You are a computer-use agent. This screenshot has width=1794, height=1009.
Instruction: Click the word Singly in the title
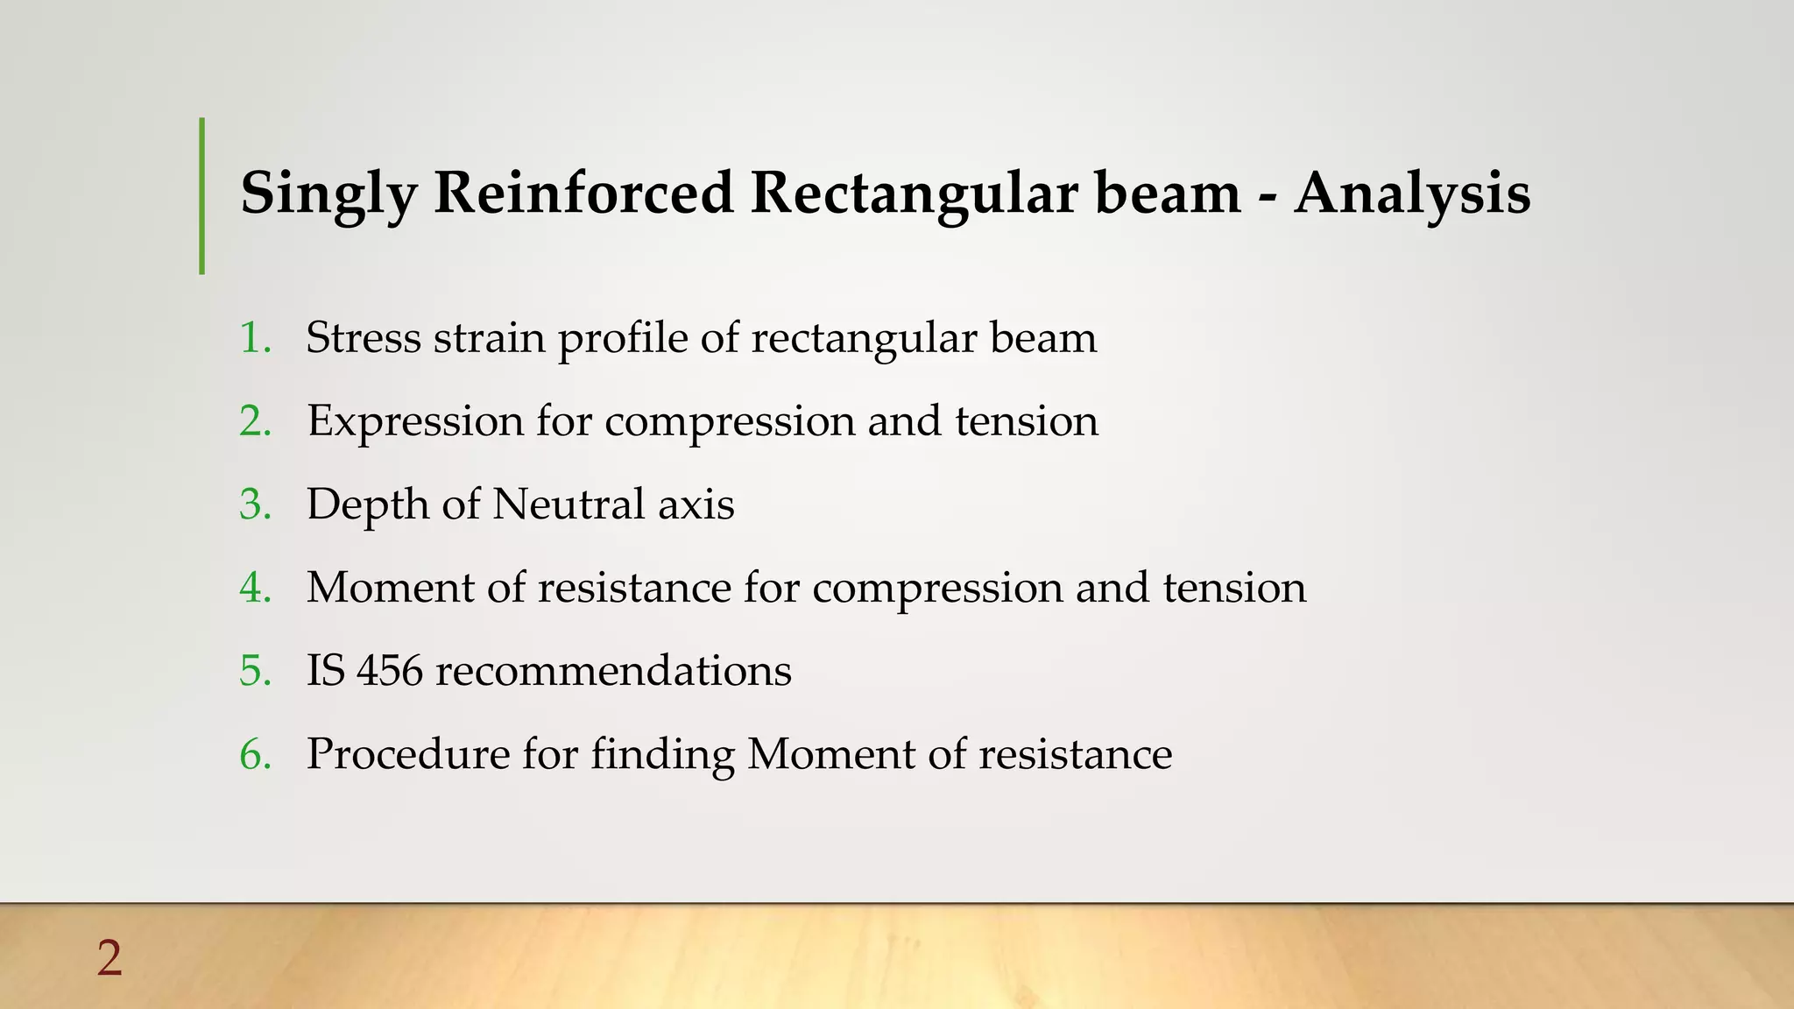pyautogui.click(x=328, y=194)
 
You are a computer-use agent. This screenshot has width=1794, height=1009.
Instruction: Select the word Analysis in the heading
pyautogui.click(x=1412, y=194)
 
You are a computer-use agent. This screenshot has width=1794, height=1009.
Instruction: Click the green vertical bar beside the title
pyautogui.click(x=202, y=196)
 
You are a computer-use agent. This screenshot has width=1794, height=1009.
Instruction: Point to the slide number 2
pyautogui.click(x=109, y=958)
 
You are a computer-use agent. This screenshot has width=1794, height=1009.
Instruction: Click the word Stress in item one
pyautogui.click(x=364, y=338)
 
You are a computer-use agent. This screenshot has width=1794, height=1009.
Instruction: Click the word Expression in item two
pyautogui.click(x=415, y=421)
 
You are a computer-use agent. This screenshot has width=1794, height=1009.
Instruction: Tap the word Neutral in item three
pyautogui.click(x=569, y=504)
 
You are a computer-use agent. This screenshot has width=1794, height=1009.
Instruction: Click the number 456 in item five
pyautogui.click(x=390, y=671)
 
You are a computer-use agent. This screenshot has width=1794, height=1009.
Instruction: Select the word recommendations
pyautogui.click(x=613, y=671)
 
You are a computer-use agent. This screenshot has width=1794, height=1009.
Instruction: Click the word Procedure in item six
pyautogui.click(x=407, y=754)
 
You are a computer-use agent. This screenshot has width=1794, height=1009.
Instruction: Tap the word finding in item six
pyautogui.click(x=663, y=755)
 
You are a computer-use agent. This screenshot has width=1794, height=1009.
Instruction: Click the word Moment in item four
pyautogui.click(x=390, y=588)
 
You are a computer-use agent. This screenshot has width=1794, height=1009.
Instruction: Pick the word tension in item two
pyautogui.click(x=1026, y=421)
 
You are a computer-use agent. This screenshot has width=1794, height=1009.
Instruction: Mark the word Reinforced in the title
pyautogui.click(x=583, y=193)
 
